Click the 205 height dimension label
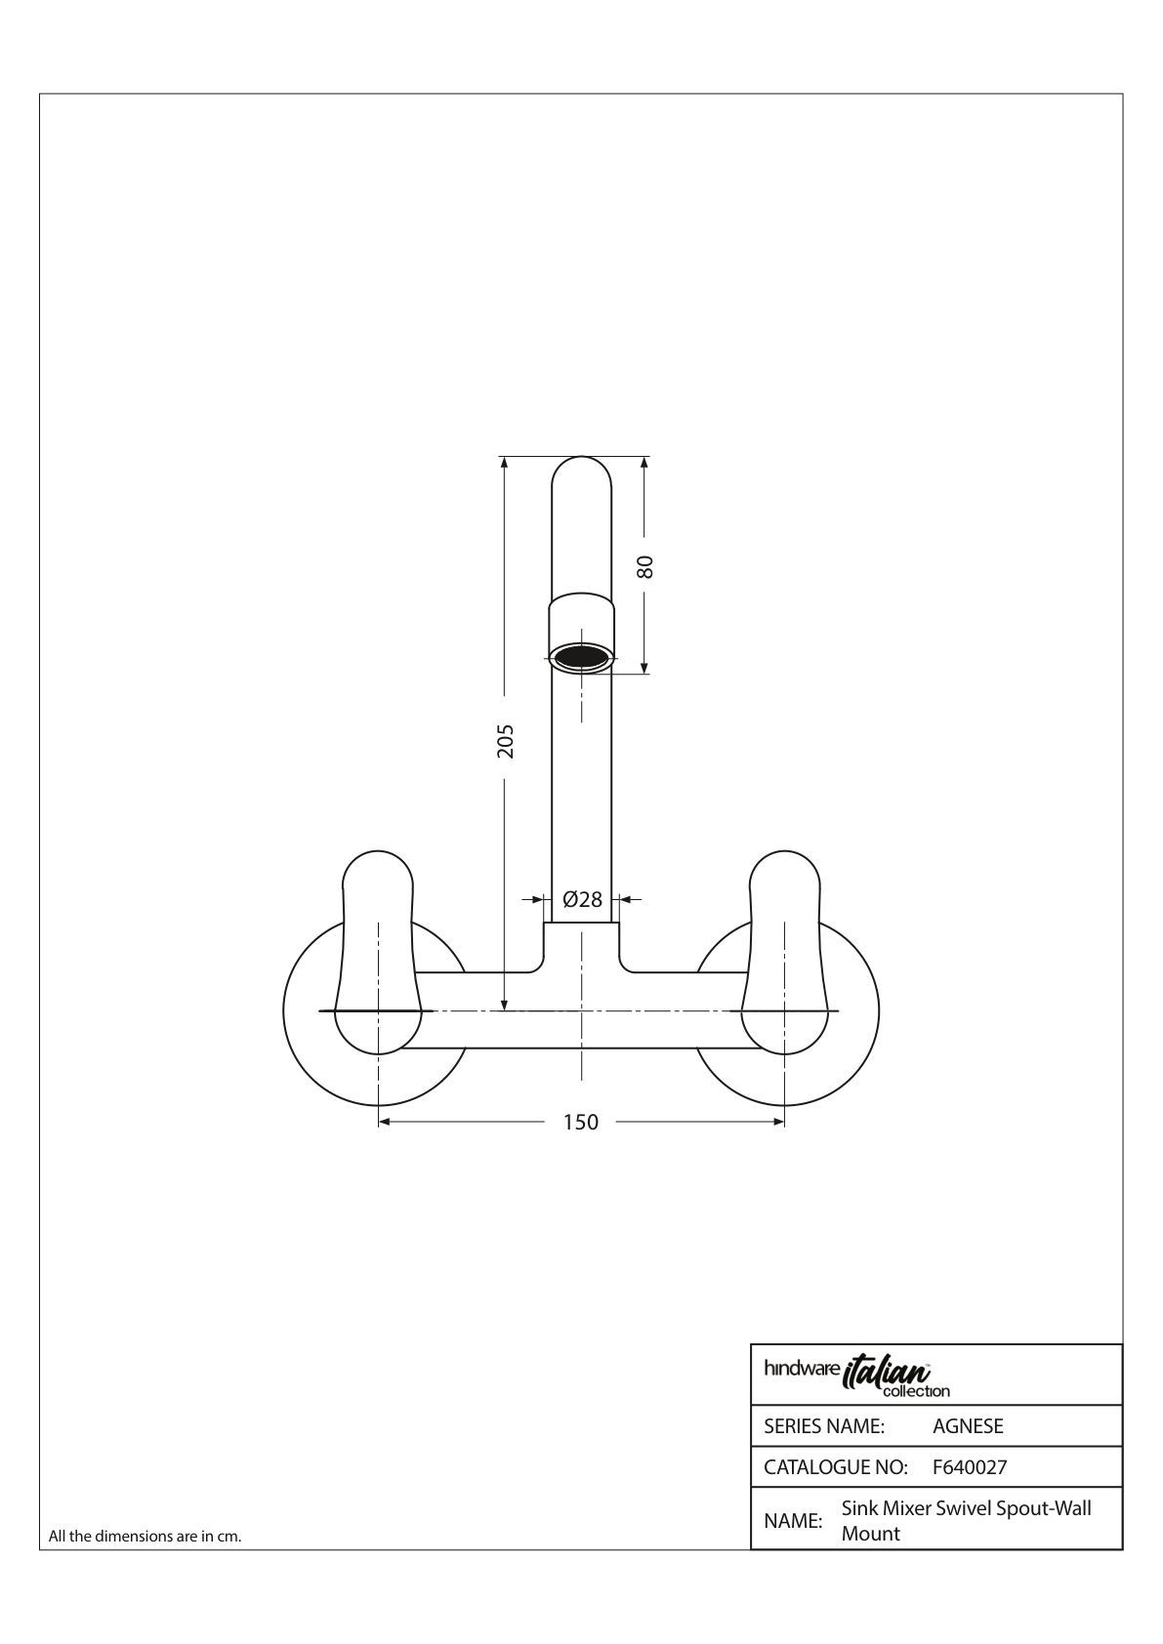505,741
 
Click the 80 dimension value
645,566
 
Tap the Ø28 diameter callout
582,899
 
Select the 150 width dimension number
581,1122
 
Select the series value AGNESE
968,1426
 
